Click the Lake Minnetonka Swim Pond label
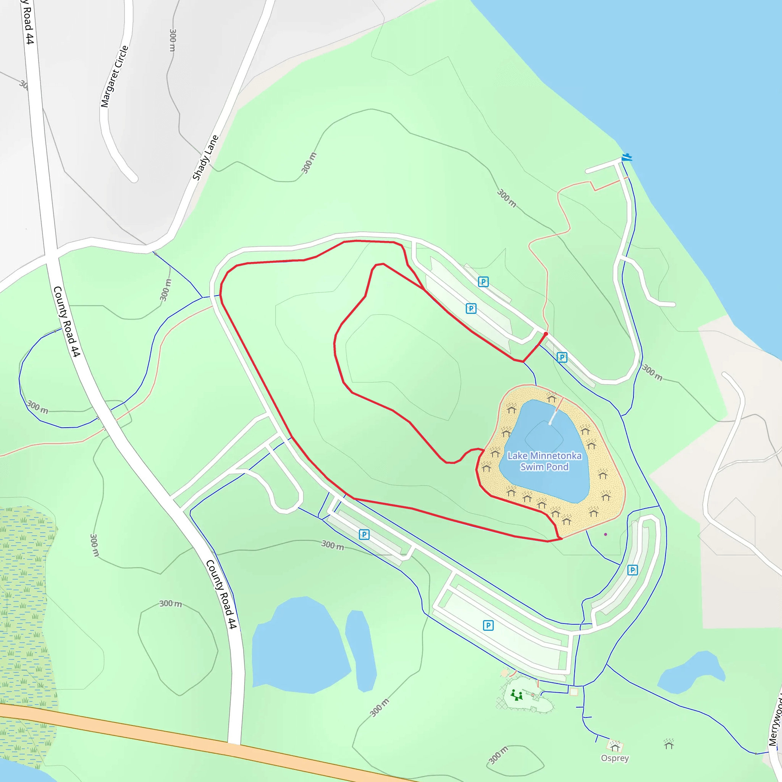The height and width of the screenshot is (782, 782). [x=544, y=461]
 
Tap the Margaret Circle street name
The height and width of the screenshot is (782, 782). [x=114, y=76]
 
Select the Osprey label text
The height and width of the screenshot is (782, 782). [x=614, y=758]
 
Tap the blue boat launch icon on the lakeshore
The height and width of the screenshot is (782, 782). [x=627, y=157]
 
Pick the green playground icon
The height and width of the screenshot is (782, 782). [x=516, y=695]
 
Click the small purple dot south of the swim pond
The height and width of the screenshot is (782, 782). [x=606, y=534]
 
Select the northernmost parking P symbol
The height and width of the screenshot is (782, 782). [x=483, y=282]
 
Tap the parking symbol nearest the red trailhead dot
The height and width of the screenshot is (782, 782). [x=562, y=357]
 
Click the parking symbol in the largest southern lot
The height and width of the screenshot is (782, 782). [x=488, y=625]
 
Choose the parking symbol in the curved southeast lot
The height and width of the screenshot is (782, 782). [x=632, y=570]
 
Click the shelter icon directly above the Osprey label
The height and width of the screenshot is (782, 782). [x=615, y=746]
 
